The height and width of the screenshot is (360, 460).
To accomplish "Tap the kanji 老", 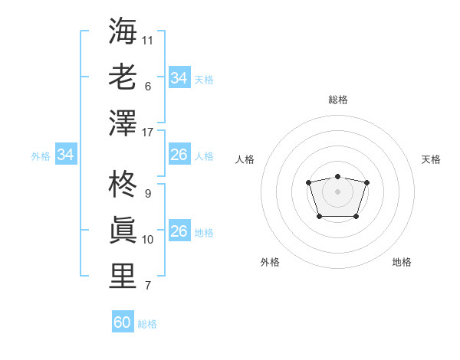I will click(x=123, y=77).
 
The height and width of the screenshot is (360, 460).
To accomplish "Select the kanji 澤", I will click(x=123, y=123).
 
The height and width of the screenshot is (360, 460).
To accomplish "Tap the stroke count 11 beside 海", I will click(x=148, y=39).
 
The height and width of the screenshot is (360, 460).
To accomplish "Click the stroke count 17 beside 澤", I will click(x=148, y=132).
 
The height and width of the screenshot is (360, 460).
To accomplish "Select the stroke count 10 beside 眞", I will click(x=148, y=239).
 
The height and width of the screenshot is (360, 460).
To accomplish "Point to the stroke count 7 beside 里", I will click(x=148, y=286).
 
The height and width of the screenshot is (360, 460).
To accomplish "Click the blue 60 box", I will click(x=123, y=322).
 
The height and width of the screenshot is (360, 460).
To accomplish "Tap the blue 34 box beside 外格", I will click(x=65, y=155).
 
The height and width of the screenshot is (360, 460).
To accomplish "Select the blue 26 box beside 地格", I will click(x=179, y=231).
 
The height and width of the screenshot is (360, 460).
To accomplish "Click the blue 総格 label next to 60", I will click(x=147, y=324).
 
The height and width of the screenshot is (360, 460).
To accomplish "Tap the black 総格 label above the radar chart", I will click(x=337, y=100).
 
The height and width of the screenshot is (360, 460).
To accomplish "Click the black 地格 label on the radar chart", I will click(x=402, y=262).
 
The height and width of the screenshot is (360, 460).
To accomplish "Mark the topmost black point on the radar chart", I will click(x=337, y=177).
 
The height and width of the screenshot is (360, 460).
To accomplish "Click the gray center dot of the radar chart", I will click(x=337, y=191).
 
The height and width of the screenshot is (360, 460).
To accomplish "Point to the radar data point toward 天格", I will click(x=366, y=182).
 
